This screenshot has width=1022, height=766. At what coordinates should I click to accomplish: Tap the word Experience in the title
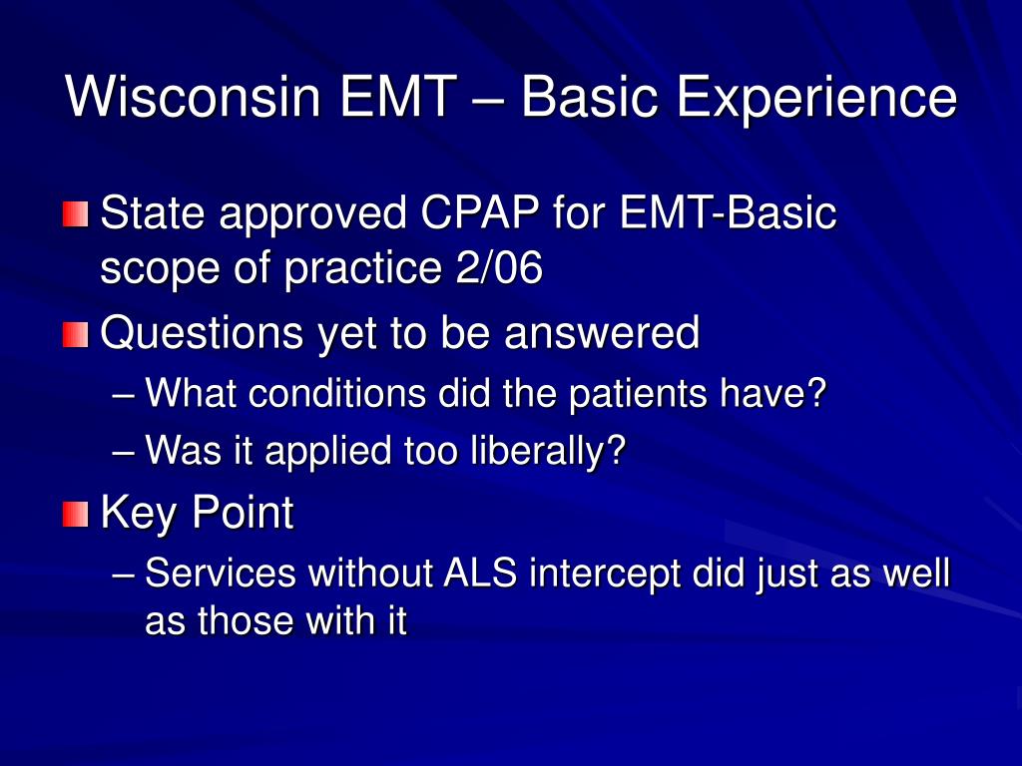coord(815,98)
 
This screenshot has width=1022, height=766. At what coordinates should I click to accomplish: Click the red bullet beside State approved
coord(75,214)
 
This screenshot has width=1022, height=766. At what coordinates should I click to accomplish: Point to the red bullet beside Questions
coord(75,334)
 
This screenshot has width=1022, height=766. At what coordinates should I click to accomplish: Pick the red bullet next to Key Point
coord(75,514)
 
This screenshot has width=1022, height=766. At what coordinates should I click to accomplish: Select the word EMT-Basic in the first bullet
coord(729,214)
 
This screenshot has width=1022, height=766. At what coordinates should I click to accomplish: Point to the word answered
coord(602,334)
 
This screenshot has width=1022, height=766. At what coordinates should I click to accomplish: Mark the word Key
coord(140,514)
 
